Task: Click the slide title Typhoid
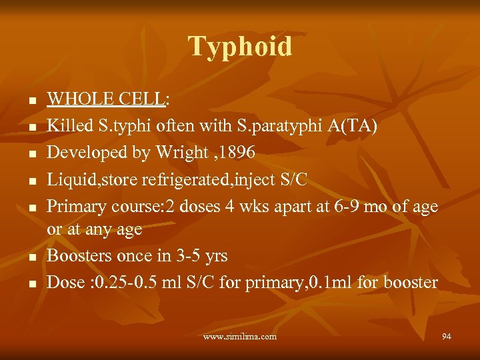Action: coord(240,47)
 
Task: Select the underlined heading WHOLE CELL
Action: coord(106,100)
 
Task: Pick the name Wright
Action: coord(182,152)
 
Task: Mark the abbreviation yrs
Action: coord(216,256)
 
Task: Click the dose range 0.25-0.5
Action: coord(129,282)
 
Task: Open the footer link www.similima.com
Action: coord(240,337)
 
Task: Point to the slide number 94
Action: coord(446,337)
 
